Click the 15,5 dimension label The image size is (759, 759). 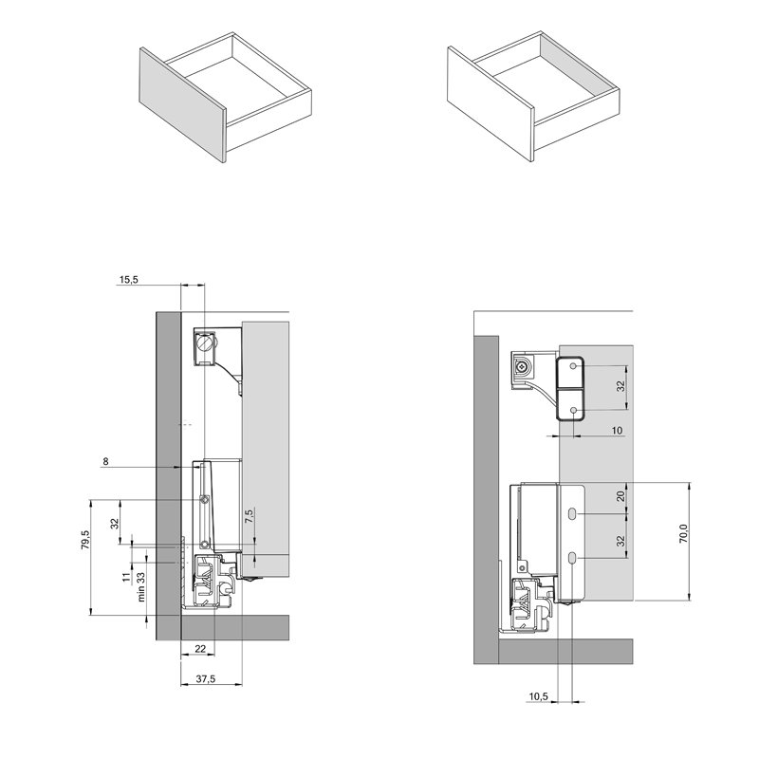tap(128, 279)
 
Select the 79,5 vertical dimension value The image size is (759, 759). tap(85, 540)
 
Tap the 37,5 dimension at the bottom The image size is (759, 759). tap(205, 679)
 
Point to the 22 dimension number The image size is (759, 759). tap(200, 649)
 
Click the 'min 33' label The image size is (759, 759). tap(140, 587)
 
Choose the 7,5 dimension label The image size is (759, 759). tap(249, 516)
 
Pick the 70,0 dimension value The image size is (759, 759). tap(683, 533)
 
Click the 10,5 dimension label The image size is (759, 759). tap(538, 696)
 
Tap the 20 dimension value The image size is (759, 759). tap(621, 495)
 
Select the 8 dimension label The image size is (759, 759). tap(105, 461)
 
